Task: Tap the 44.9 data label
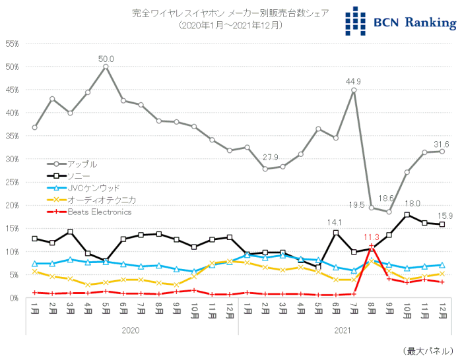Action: click(354, 82)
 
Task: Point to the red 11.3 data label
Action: click(372, 237)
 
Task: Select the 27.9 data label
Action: click(269, 158)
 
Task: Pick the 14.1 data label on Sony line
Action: click(337, 223)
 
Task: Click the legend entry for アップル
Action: click(82, 164)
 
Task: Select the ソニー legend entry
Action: click(77, 175)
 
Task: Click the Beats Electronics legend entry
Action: click(100, 212)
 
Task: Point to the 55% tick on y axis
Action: click(12, 44)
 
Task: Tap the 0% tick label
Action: click(14, 297)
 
